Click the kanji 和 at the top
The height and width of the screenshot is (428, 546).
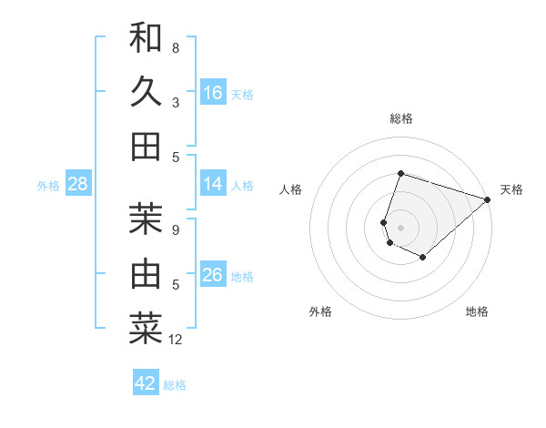click(x=146, y=37)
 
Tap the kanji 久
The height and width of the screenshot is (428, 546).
click(x=146, y=92)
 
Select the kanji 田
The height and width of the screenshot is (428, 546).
click(x=146, y=147)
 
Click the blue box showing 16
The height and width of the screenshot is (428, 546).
click(x=213, y=93)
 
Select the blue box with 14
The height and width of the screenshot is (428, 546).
click(x=213, y=184)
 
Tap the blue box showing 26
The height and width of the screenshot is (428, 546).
click(x=213, y=275)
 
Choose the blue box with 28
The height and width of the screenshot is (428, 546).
click(x=78, y=185)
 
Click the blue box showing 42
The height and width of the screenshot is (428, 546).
click(x=146, y=383)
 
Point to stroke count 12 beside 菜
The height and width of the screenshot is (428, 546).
click(x=176, y=340)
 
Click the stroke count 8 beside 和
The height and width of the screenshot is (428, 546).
click(x=176, y=47)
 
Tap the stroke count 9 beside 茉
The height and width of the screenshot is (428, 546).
click(x=176, y=229)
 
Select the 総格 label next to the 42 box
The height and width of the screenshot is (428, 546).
click(x=175, y=385)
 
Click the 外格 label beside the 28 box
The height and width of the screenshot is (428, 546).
click(x=48, y=186)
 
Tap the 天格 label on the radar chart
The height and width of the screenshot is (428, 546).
click(x=511, y=189)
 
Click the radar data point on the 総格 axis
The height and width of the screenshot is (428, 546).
click(x=400, y=174)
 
